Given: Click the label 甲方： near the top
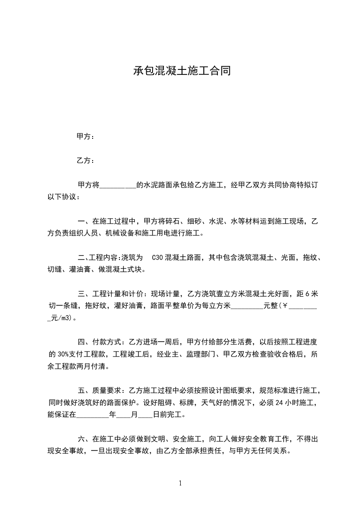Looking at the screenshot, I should pyautogui.click(x=86, y=136).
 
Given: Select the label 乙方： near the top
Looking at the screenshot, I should pyautogui.click(x=86, y=160).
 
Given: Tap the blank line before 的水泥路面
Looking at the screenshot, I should pyautogui.click(x=117, y=185).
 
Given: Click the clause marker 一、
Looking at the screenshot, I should pyautogui.click(x=84, y=221).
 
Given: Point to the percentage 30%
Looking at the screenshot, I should pyautogui.click(x=63, y=354).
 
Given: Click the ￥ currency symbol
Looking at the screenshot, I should pyautogui.click(x=285, y=306).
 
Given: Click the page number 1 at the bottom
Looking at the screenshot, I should pyautogui.click(x=180, y=483).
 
